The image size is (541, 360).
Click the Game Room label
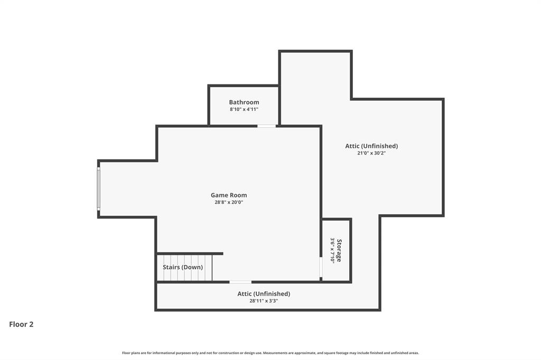coord(229,195)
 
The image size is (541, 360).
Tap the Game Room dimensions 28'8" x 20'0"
coord(229,202)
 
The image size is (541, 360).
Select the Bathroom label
coord(244,102)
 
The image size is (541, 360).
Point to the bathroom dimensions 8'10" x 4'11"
coord(244,109)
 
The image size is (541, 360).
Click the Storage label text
coord(339,250)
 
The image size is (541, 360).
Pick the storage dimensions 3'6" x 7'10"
coord(332,250)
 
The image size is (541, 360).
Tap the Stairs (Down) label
coord(183,267)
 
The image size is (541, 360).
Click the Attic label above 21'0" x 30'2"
coord(371,146)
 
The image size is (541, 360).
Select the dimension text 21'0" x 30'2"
coord(371,153)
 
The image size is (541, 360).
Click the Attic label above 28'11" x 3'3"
coord(264,293)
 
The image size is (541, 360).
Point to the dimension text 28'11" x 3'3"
coord(264,301)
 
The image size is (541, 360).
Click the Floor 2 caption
coord(21,325)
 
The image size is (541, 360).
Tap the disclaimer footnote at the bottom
coord(270,353)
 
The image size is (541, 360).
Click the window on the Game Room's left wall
coord(98,189)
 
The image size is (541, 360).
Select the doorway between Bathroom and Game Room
coord(267,126)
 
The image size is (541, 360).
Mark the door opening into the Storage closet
coord(321,267)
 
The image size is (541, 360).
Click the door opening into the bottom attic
coord(240,282)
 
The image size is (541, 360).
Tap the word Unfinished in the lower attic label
coord(272,293)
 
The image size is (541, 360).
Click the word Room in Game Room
coord(238,195)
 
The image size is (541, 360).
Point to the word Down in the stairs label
coord(193,267)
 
